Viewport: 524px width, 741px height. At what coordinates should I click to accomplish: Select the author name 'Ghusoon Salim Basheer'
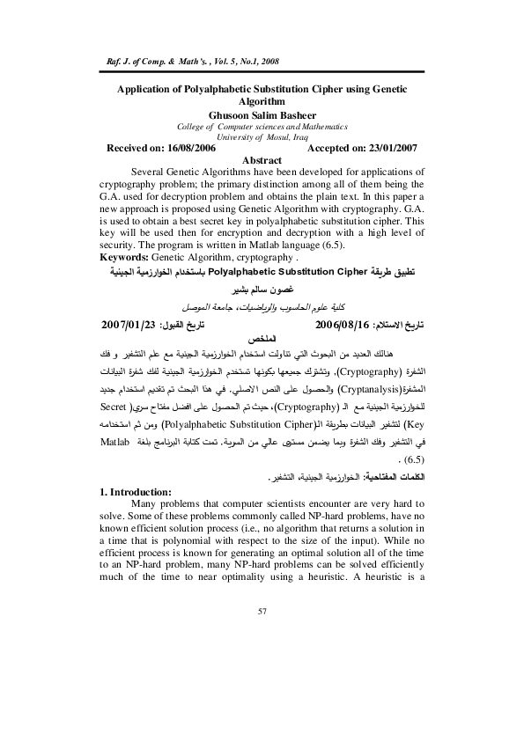tap(262, 114)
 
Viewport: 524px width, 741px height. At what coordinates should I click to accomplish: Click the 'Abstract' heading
tap(262, 160)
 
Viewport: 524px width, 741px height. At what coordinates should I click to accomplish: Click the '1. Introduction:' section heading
tap(141, 490)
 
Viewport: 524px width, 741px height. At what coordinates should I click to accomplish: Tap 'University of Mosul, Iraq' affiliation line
tap(262, 137)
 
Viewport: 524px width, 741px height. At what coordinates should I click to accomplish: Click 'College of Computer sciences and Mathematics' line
tap(262, 127)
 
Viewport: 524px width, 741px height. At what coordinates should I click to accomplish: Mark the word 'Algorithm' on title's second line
tap(262, 102)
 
